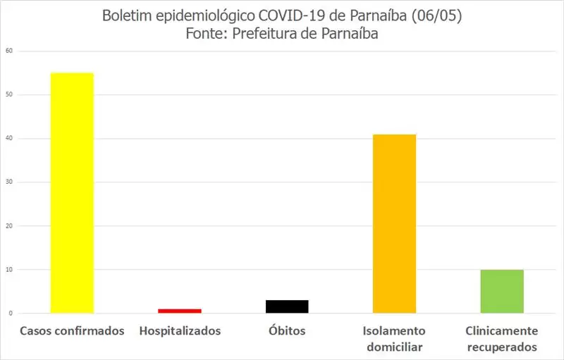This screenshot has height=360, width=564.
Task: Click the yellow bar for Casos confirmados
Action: tap(72, 192)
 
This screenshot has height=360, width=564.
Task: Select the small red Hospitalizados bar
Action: tap(180, 311)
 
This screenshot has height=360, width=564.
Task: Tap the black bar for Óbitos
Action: tap(287, 306)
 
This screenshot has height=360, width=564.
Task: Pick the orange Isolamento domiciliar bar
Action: tap(394, 223)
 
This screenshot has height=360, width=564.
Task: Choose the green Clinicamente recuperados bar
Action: tap(502, 291)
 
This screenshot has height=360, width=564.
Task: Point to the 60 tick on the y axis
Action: tap(8, 51)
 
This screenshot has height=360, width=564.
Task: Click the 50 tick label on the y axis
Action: tap(8, 94)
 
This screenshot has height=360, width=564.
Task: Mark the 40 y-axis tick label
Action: tap(8, 138)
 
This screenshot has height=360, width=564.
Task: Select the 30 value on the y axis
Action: tap(8, 182)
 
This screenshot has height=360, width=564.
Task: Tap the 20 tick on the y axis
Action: tap(8, 225)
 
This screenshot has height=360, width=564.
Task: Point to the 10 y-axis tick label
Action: tap(8, 269)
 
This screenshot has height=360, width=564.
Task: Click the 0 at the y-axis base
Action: tap(11, 313)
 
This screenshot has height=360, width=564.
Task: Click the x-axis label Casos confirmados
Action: tap(72, 330)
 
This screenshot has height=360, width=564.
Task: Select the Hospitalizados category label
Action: tap(180, 330)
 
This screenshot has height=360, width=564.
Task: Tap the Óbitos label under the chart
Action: tap(287, 330)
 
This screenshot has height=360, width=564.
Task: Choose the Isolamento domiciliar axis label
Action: tap(394, 338)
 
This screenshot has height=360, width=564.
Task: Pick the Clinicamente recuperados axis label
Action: tap(502, 338)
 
